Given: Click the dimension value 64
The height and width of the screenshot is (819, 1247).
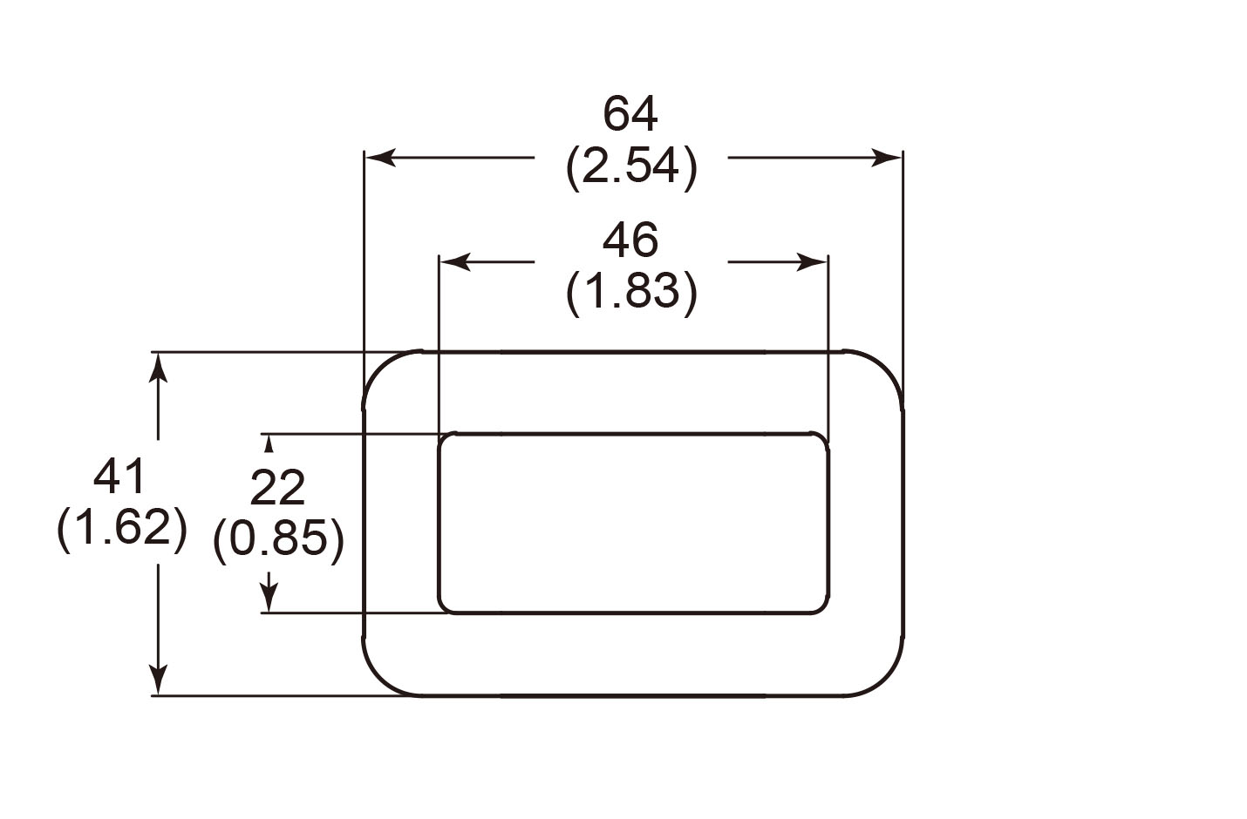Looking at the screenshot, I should (x=630, y=114).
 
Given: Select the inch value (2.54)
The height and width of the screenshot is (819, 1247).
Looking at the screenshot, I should (x=631, y=166).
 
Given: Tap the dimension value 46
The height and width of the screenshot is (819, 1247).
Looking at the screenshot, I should (x=630, y=240).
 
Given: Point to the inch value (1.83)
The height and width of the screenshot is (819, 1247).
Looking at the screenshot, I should (x=631, y=292).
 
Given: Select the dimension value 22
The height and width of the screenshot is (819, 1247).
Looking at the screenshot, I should (x=277, y=488).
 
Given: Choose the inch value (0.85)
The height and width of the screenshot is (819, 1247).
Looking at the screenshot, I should (x=278, y=539).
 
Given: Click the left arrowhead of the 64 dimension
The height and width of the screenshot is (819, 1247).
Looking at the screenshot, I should (x=380, y=158).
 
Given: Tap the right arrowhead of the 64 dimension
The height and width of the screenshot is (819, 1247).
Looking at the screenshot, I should (x=887, y=158).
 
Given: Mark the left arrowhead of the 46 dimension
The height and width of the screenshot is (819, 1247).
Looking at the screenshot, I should (x=455, y=261).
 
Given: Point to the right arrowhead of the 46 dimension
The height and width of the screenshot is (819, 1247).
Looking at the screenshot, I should (x=812, y=261).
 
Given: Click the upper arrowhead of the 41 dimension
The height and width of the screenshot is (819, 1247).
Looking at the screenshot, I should (x=158, y=368).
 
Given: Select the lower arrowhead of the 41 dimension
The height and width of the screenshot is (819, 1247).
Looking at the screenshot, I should (x=158, y=680).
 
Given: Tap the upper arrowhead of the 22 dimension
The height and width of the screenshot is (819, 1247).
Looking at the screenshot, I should (x=269, y=443).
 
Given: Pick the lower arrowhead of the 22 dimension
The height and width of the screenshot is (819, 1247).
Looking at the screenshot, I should (x=269, y=600).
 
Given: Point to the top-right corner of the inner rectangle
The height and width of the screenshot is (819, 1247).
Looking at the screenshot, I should (x=822, y=439).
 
